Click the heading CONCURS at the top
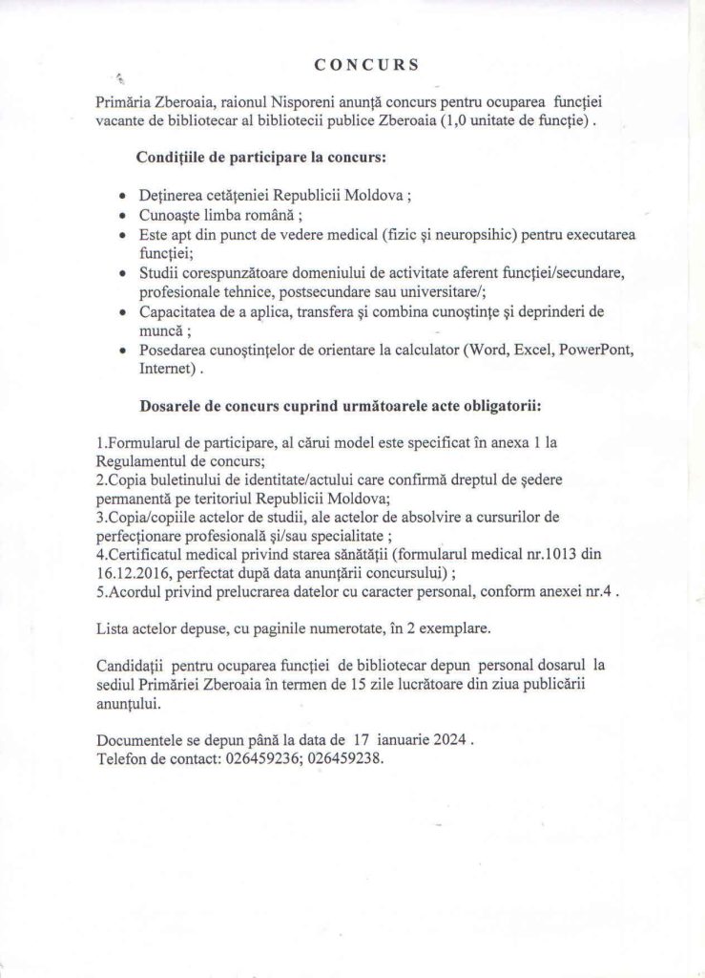pyautogui.click(x=365, y=66)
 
